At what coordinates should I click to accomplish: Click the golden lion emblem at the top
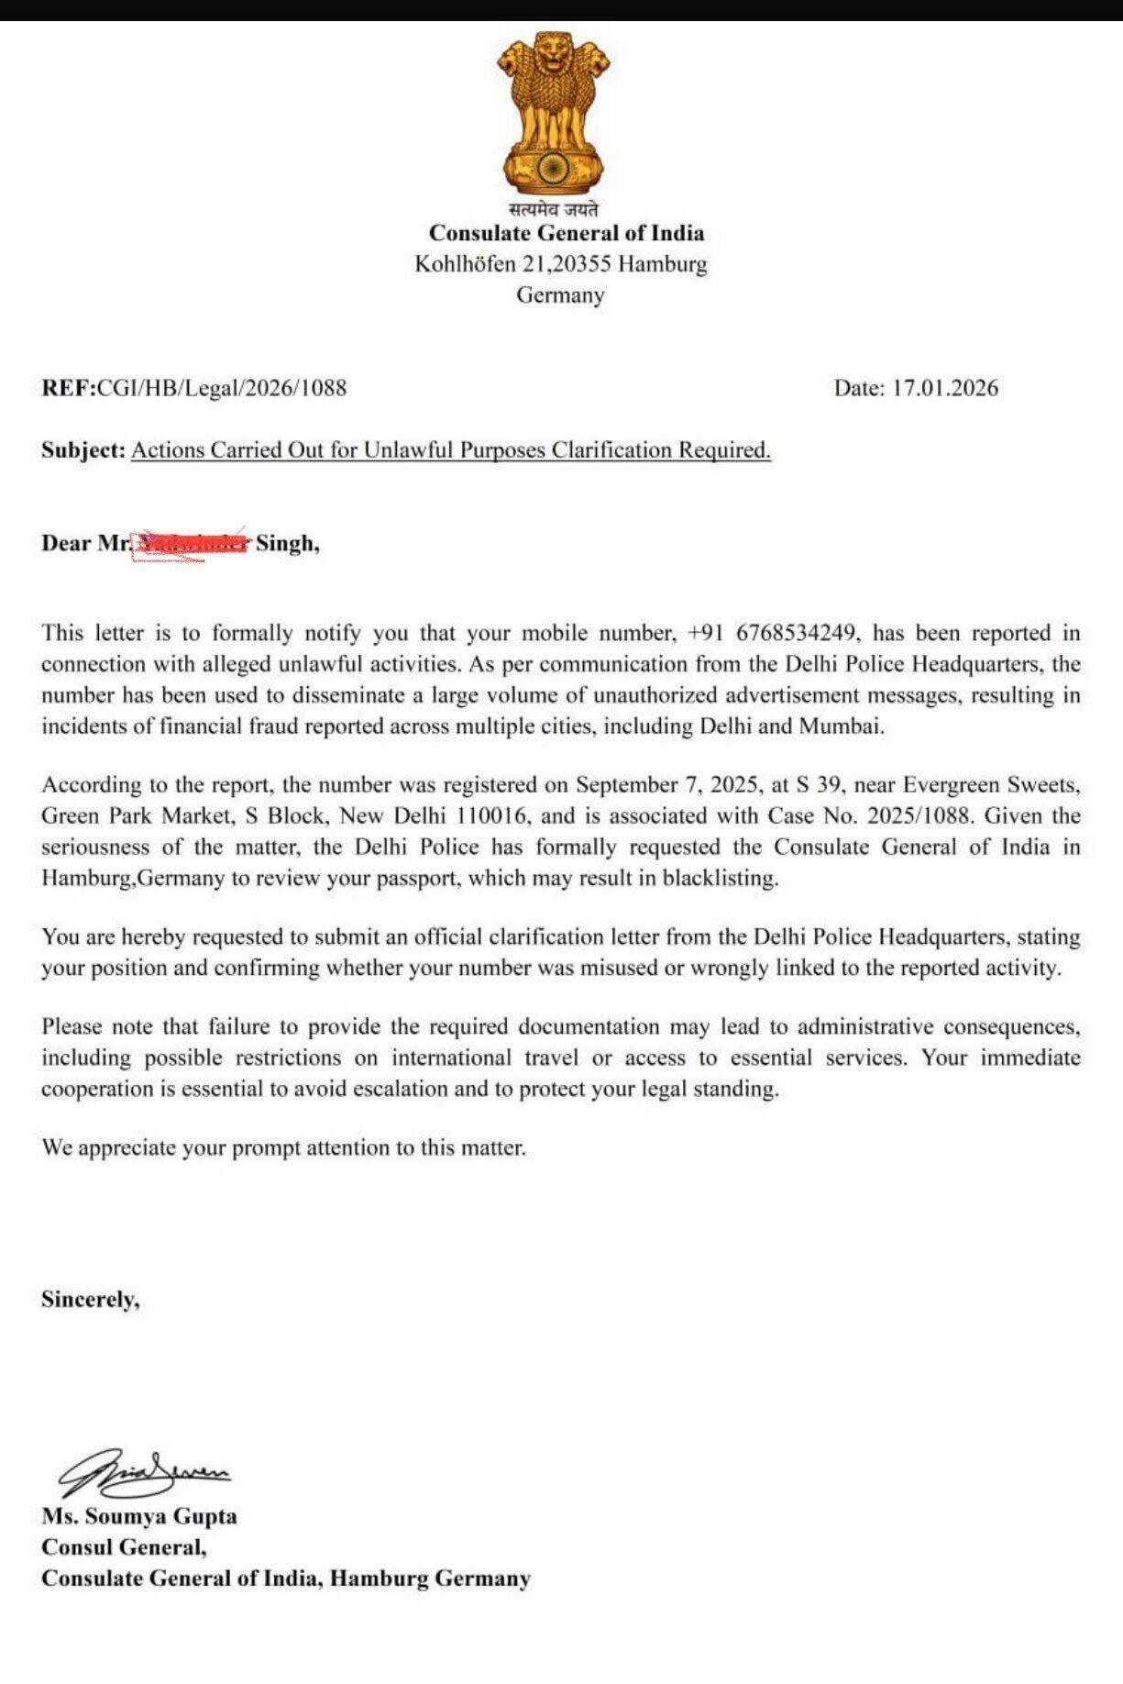click(554, 110)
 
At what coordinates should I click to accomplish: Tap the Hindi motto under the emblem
click(554, 209)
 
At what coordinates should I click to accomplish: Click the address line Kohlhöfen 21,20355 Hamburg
click(561, 264)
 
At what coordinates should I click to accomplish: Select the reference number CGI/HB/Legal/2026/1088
click(222, 388)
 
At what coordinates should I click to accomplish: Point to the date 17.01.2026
click(945, 388)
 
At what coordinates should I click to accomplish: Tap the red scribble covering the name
click(191, 544)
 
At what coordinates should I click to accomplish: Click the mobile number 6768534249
click(797, 633)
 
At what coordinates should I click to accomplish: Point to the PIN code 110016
click(498, 816)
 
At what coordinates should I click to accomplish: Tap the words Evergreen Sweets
click(991, 785)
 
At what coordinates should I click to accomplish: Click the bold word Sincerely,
click(90, 1300)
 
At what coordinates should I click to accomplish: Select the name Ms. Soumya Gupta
click(138, 1516)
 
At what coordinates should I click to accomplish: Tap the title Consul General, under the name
click(124, 1547)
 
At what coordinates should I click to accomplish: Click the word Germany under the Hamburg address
click(560, 295)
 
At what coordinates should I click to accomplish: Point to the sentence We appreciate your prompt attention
click(283, 1148)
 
